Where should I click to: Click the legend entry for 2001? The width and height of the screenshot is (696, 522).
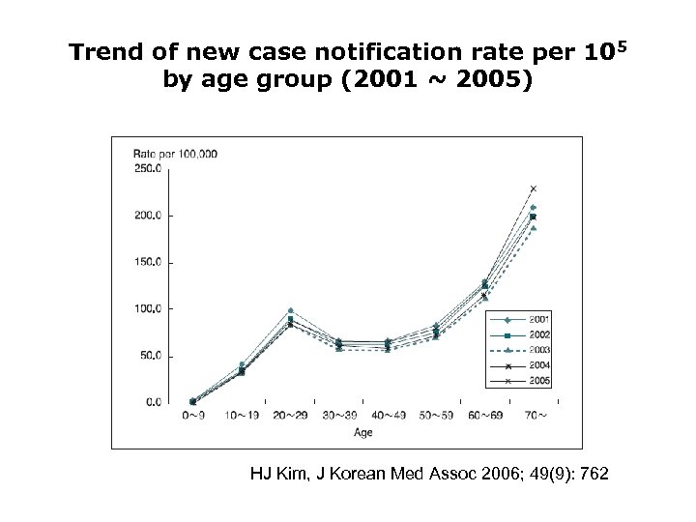(538, 319)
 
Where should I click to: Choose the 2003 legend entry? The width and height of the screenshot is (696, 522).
(538, 351)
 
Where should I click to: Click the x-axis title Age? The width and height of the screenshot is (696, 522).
(362, 433)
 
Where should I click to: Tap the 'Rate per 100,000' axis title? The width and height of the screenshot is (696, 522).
(175, 153)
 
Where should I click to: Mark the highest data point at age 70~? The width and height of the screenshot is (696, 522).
(533, 188)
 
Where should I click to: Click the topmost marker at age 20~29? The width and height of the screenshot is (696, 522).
(290, 311)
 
